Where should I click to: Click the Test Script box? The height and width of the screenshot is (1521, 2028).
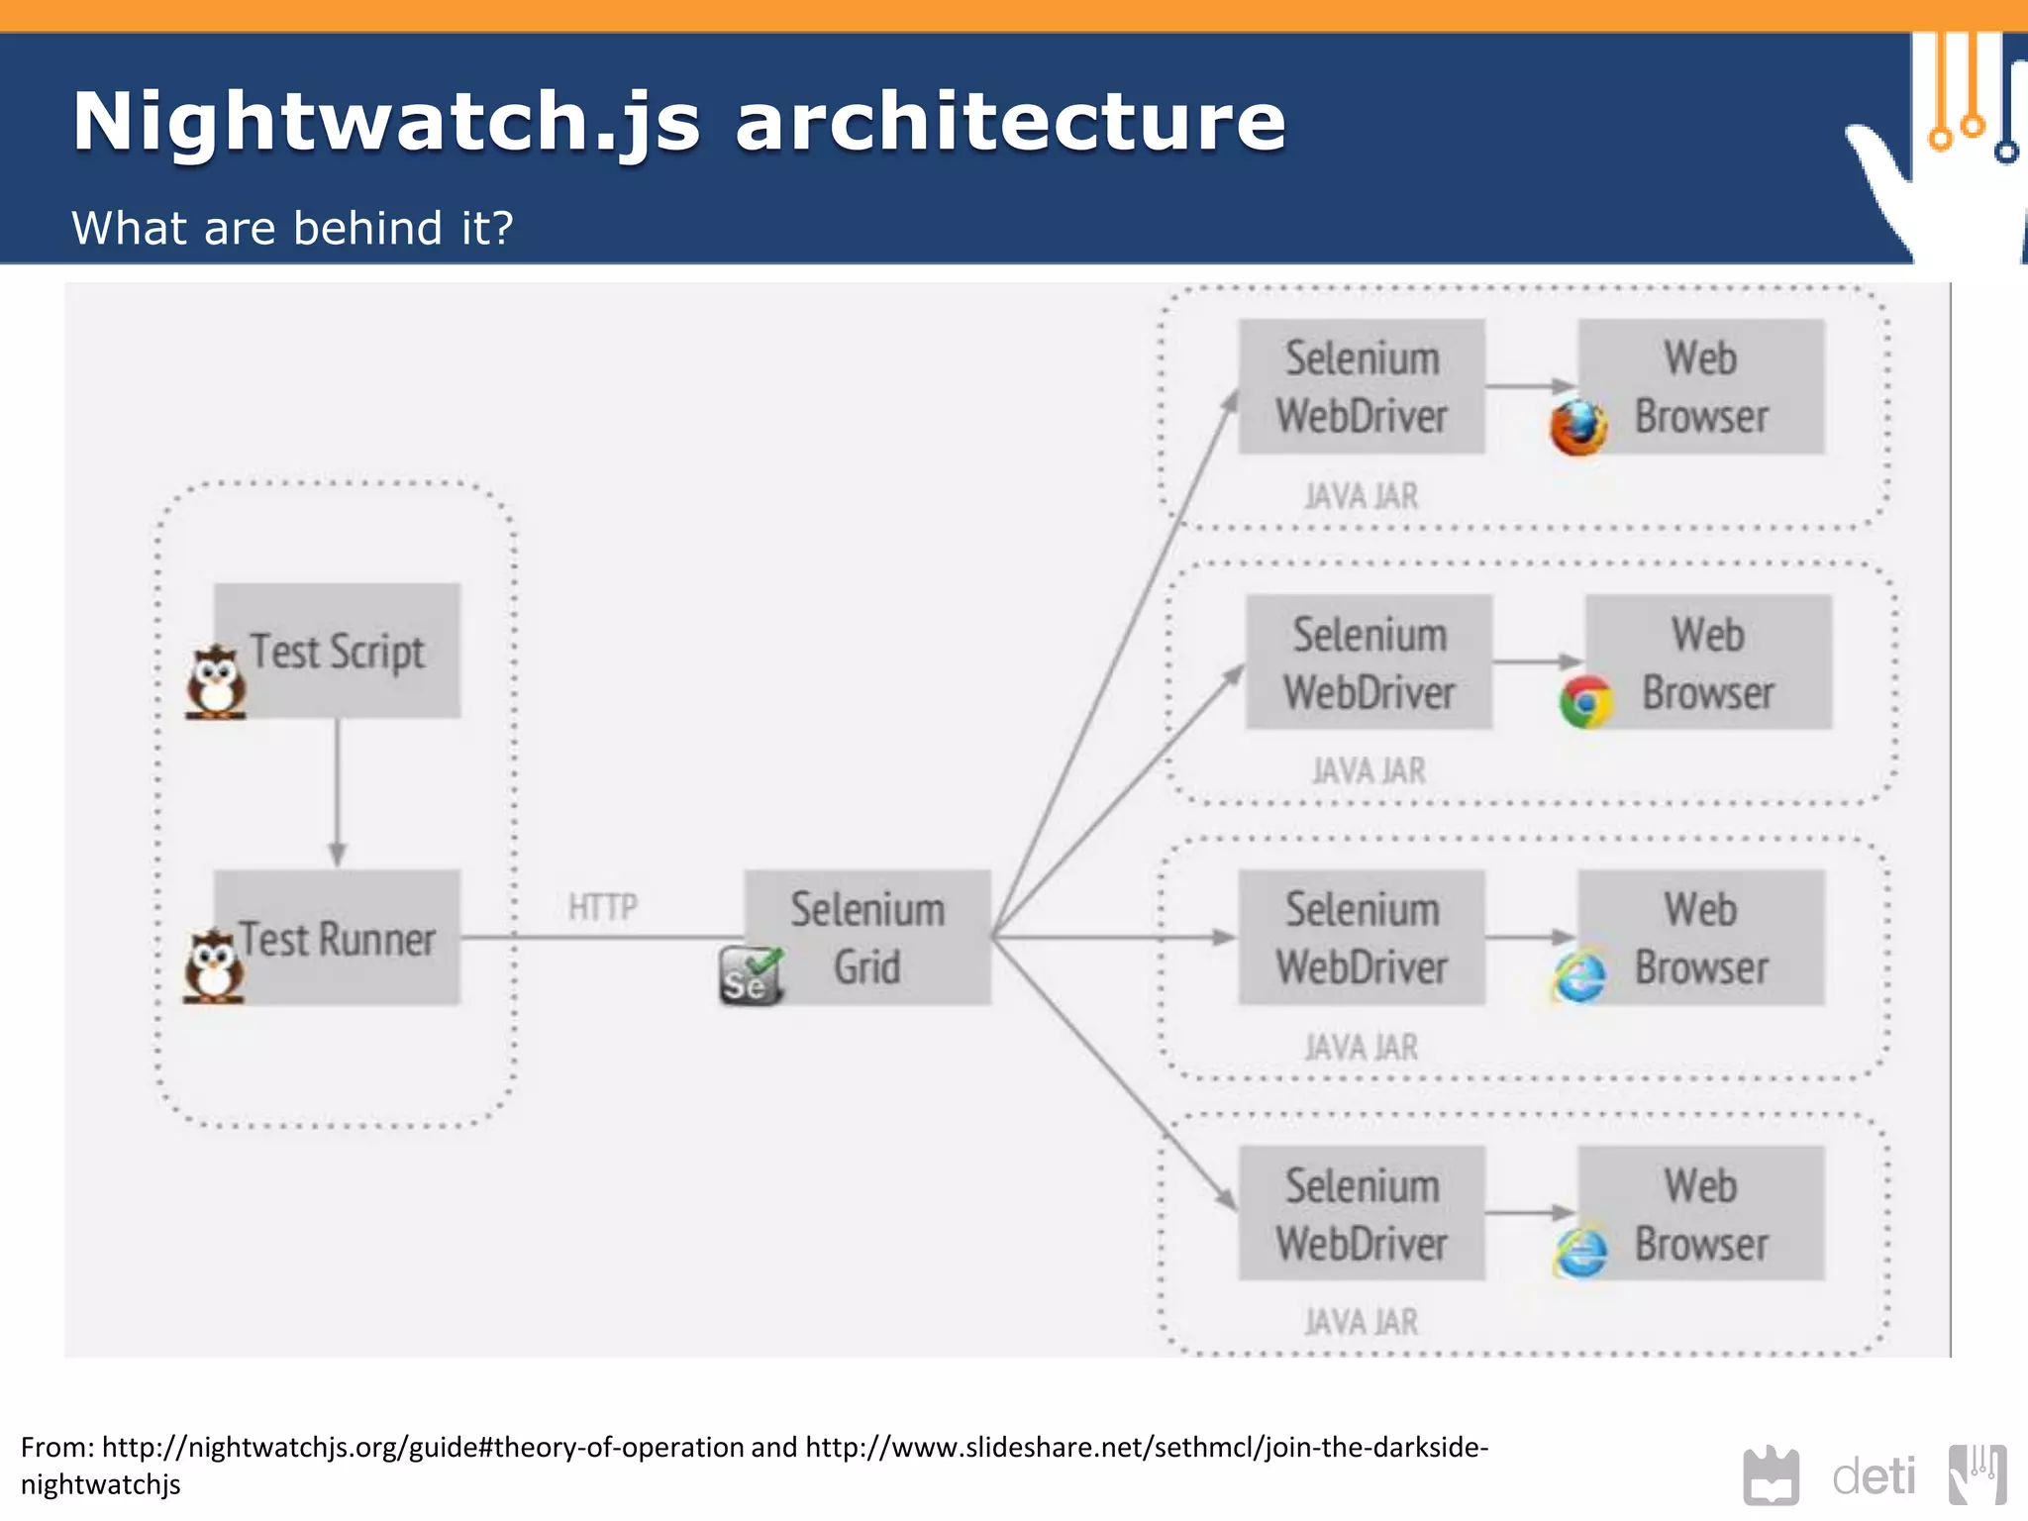[x=337, y=651]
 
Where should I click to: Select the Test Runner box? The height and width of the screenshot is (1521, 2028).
[x=337, y=938]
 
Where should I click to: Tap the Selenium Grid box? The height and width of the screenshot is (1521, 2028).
[x=867, y=938]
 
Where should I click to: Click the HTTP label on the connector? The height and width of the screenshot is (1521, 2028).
[x=602, y=907]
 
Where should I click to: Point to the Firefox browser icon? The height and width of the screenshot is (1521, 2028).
[x=1577, y=428]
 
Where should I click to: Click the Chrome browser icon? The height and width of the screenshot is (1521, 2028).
[x=1585, y=702]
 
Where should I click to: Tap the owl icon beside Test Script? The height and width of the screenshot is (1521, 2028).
[x=216, y=683]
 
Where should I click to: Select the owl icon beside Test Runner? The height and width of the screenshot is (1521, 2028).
[x=213, y=967]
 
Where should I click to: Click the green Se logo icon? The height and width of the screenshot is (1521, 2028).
[x=750, y=976]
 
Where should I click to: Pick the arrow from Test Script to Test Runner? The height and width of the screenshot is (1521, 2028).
[x=337, y=792]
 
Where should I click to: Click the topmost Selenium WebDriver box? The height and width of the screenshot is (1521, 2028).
[x=1362, y=387]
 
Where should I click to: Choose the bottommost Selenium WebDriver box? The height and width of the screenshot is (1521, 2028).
[x=1362, y=1214]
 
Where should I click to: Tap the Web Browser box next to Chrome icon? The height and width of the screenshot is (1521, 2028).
[x=1708, y=662]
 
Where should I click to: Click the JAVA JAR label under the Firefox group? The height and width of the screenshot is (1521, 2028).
[x=1362, y=496]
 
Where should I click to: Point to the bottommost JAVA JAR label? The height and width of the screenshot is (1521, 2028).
[x=1362, y=1322]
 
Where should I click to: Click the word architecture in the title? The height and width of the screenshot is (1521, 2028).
[x=1010, y=121]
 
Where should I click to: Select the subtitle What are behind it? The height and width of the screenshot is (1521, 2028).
[x=292, y=228]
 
